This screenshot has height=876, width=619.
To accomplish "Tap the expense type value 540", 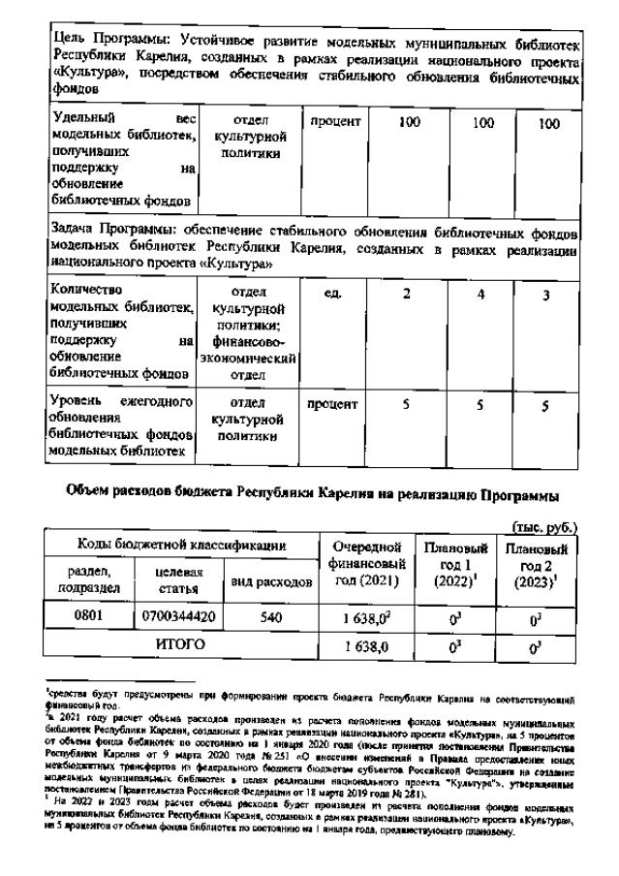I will tap(271, 615).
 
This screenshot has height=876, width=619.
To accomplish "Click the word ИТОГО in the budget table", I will tap(179, 642).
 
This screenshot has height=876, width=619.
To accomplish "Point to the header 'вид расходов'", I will tap(271, 581).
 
